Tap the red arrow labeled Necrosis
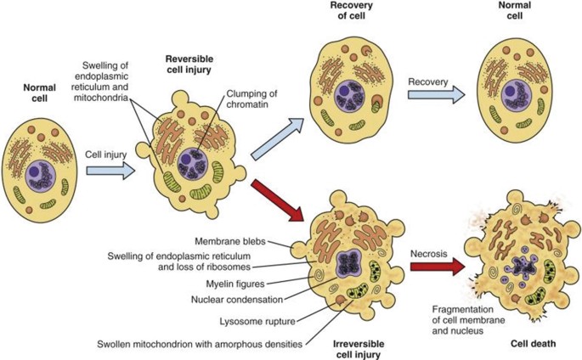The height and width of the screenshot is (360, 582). [x=438, y=267]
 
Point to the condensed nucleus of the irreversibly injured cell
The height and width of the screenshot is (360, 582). [x=348, y=264]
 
